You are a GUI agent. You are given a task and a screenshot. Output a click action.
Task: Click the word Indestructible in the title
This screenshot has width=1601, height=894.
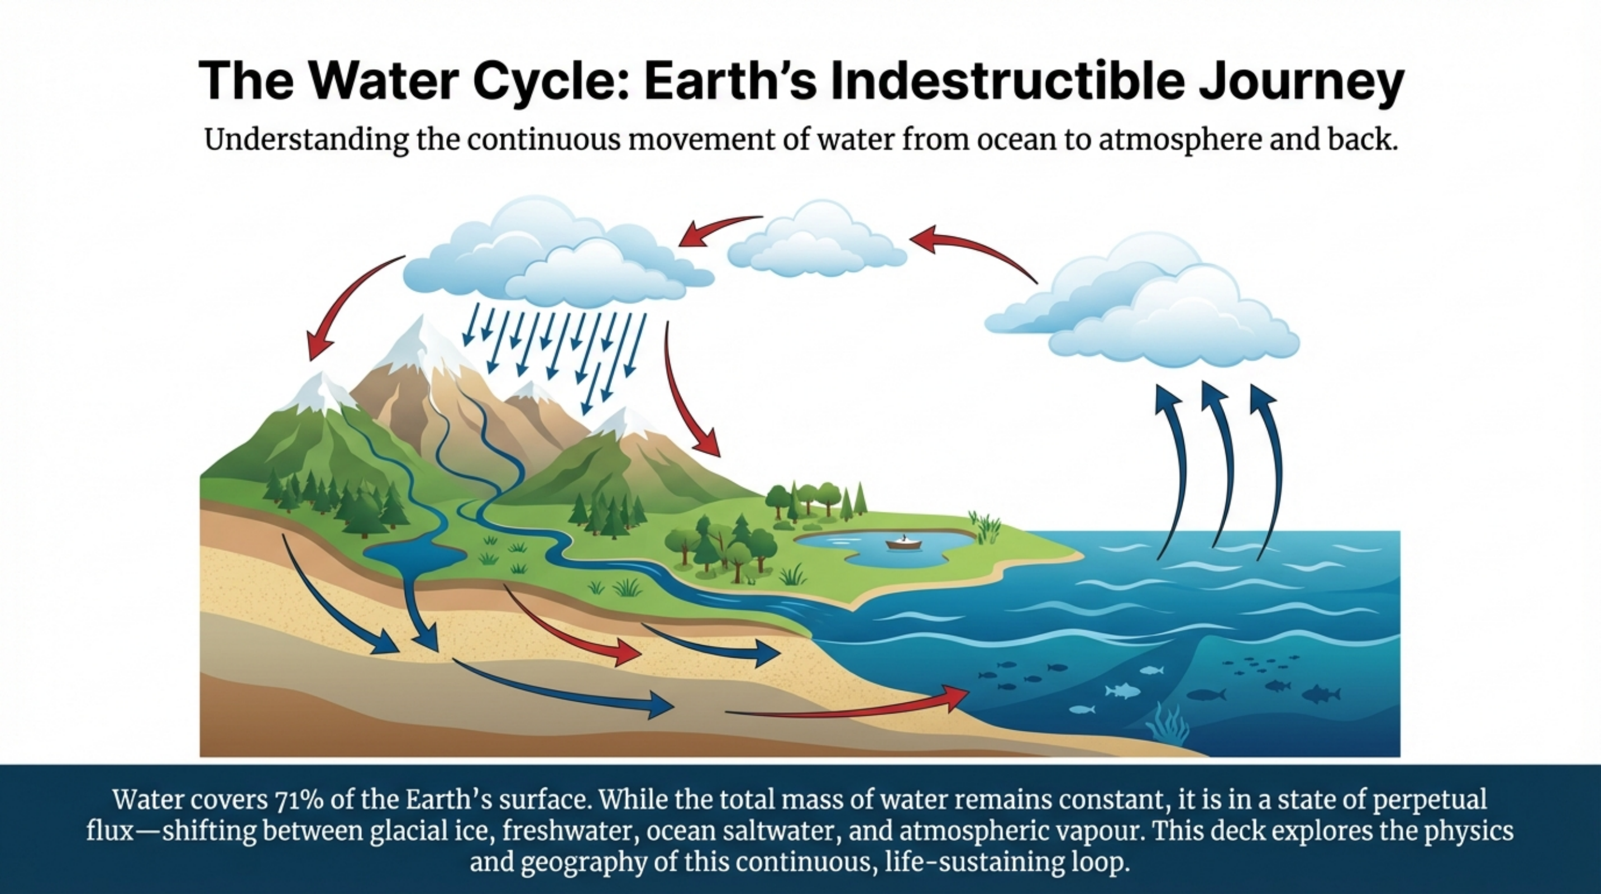click(x=1006, y=82)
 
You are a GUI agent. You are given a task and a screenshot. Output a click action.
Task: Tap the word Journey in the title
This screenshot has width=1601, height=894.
click(x=1301, y=83)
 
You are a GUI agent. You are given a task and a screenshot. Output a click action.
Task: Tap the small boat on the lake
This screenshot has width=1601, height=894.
click(x=904, y=543)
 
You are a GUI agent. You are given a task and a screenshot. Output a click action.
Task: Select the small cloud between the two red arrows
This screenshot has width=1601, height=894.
click(x=816, y=241)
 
